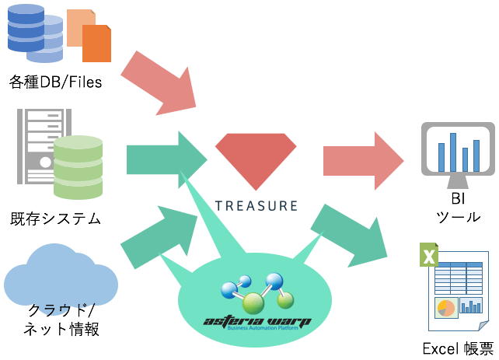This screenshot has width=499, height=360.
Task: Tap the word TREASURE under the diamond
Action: pos(256,206)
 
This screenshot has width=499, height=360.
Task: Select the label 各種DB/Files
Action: pos(55,81)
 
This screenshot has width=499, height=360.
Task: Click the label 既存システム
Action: pos(55,218)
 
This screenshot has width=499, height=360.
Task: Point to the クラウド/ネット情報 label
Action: pos(60,319)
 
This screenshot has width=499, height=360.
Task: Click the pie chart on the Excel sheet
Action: pos(445,308)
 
